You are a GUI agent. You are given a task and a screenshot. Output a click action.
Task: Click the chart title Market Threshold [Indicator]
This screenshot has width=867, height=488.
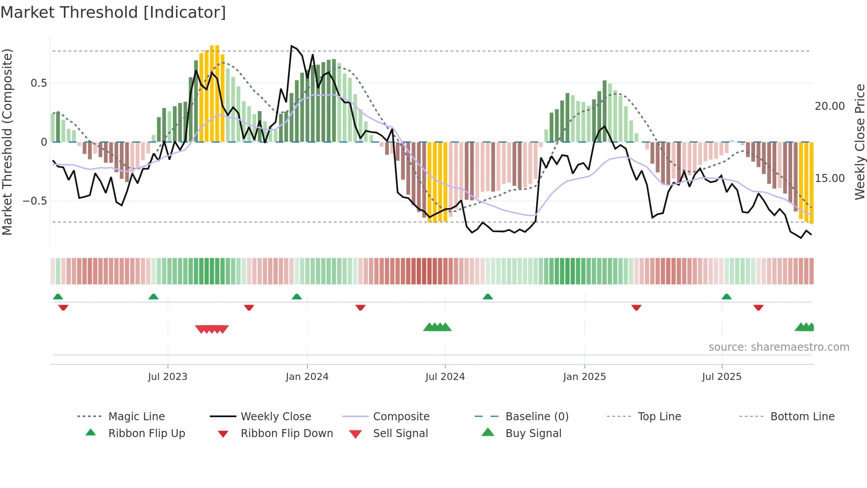click(113, 12)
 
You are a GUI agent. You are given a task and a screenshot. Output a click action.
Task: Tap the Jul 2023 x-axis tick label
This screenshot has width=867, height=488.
click(168, 377)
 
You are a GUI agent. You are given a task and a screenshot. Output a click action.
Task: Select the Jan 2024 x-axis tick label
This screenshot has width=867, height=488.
click(307, 377)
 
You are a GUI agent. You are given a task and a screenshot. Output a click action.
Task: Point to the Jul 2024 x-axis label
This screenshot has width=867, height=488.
click(445, 377)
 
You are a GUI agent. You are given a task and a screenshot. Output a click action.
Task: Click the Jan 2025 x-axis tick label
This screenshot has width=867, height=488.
click(584, 377)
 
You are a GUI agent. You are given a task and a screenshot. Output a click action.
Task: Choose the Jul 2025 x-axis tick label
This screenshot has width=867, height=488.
click(721, 377)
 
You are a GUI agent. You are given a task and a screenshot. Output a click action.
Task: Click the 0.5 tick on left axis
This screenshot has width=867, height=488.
click(38, 83)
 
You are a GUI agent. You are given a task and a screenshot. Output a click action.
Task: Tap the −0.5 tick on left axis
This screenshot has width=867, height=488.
click(35, 201)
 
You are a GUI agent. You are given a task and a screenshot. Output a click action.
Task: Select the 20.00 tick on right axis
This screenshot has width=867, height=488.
click(829, 106)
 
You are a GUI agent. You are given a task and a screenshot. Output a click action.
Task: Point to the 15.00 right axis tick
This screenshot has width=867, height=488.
click(829, 178)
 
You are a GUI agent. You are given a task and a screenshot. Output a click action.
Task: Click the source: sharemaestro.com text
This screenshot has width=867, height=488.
click(779, 347)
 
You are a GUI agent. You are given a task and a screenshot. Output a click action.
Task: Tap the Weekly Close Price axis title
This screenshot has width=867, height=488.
click(859, 142)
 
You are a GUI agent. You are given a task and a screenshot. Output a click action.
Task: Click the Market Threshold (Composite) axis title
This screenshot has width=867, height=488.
click(7, 142)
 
